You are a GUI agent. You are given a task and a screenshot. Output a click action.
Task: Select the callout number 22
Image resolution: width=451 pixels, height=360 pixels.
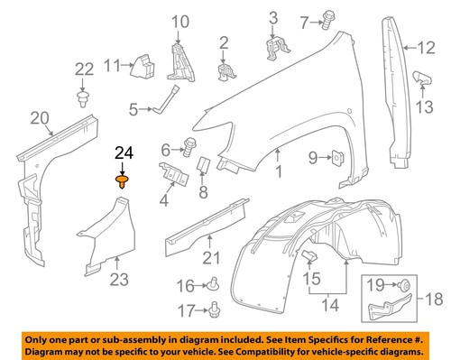click(x=83, y=69)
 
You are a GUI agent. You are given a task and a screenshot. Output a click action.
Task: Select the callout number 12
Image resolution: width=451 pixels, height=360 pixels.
click(x=436, y=50)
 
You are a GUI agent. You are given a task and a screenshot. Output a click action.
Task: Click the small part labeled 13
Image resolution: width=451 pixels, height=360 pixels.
click(x=421, y=78)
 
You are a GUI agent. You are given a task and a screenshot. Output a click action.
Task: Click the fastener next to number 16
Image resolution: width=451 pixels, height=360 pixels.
click(x=216, y=286)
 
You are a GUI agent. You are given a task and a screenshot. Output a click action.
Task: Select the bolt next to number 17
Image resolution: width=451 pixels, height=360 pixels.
click(x=216, y=311)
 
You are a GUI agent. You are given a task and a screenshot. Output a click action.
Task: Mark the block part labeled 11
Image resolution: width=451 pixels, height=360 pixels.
click(x=143, y=64)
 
